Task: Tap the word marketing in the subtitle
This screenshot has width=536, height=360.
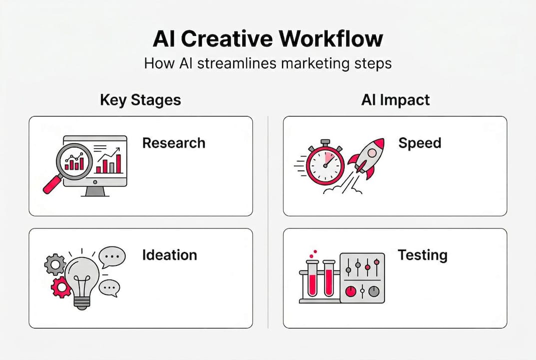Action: pyautogui.click(x=315, y=64)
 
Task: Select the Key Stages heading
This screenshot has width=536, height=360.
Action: pyautogui.click(x=140, y=100)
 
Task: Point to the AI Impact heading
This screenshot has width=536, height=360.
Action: pyautogui.click(x=395, y=100)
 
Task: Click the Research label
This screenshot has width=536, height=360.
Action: pyautogui.click(x=173, y=143)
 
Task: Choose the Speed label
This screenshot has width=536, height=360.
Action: pyautogui.click(x=420, y=143)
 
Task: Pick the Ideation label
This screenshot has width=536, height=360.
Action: pyautogui.click(x=169, y=255)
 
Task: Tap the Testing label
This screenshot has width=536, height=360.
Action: pyautogui.click(x=422, y=255)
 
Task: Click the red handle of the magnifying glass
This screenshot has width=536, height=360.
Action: pyautogui.click(x=51, y=185)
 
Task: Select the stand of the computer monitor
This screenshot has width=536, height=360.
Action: pyautogui.click(x=95, y=191)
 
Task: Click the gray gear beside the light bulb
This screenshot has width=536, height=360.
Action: pyautogui.click(x=55, y=264)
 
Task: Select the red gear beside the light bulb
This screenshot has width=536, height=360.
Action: pyautogui.click(x=61, y=287)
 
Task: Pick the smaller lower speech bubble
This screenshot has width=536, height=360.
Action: pyautogui.click(x=109, y=287)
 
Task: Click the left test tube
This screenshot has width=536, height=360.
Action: pyautogui.click(x=313, y=278)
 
